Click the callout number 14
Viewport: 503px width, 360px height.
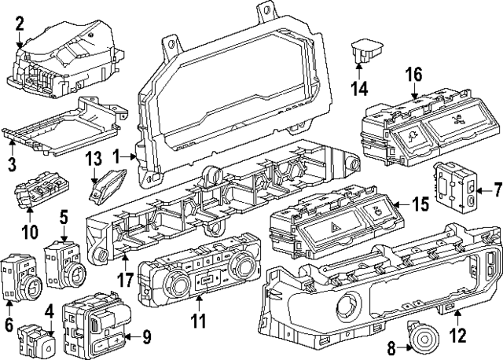[358, 88]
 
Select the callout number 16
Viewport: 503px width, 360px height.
[414, 74]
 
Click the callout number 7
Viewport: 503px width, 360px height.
[496, 189]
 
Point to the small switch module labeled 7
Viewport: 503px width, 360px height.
[457, 188]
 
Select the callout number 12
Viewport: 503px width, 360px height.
[457, 336]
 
